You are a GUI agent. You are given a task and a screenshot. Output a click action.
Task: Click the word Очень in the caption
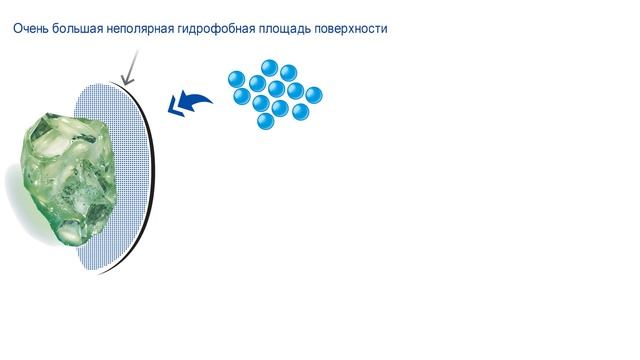pos(31,29)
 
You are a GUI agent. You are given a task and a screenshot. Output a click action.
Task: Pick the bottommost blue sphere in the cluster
pos(266,120)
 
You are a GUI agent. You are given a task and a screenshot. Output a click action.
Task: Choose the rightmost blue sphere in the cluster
pos(313,95)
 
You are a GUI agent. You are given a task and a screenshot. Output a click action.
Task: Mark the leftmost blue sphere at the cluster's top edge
pos(237,79)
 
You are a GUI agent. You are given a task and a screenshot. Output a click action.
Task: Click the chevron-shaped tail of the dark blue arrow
pos(178,103)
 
